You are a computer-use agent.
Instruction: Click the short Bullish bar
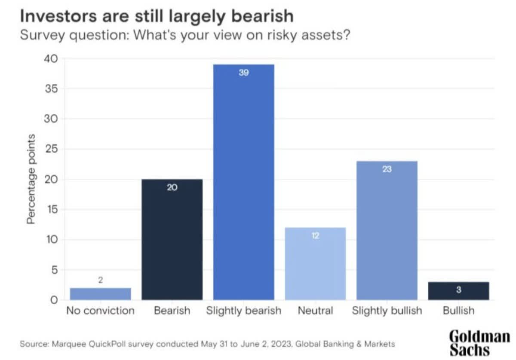458,291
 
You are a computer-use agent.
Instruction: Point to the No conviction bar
100,293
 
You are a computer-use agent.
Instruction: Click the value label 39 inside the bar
244,73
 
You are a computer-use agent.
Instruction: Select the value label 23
387,169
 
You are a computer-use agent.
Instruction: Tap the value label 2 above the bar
100,280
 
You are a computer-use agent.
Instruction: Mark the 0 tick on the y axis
55,300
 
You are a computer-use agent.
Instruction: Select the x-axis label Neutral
316,310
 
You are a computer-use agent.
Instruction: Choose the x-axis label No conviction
100,310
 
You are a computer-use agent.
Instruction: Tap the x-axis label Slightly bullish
387,310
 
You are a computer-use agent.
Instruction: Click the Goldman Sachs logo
479,342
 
